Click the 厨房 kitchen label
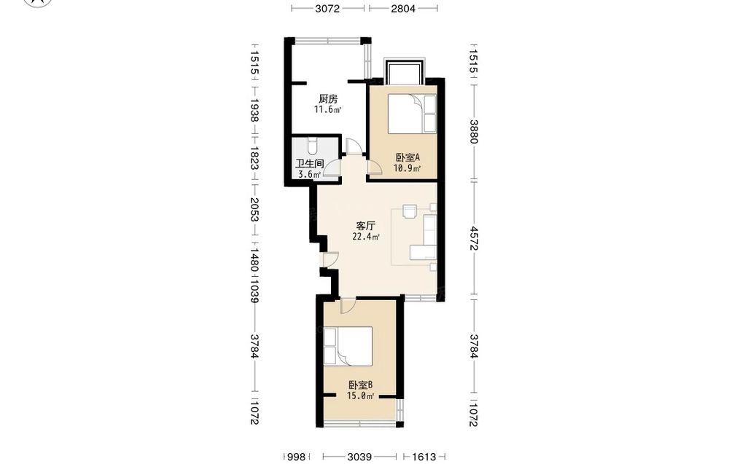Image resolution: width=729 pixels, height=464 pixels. pyautogui.click(x=328, y=99)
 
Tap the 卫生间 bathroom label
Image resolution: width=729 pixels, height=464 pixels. pyautogui.click(x=310, y=164)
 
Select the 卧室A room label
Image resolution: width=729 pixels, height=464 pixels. pyautogui.click(x=408, y=157)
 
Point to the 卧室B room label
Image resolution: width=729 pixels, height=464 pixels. pyautogui.click(x=360, y=385)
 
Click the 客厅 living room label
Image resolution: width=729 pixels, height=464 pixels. pyautogui.click(x=365, y=226)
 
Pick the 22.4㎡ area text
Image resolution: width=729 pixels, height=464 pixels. pyautogui.click(x=367, y=237)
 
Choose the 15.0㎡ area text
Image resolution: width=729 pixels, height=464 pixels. pyautogui.click(x=361, y=396)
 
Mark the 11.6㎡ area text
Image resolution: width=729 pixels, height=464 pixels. pyautogui.click(x=328, y=110)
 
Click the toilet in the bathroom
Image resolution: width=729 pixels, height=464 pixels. pyautogui.click(x=313, y=146)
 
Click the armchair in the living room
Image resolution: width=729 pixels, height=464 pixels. pyautogui.click(x=410, y=211)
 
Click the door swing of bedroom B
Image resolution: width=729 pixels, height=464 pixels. pyautogui.click(x=348, y=305)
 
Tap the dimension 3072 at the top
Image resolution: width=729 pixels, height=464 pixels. pyautogui.click(x=328, y=8)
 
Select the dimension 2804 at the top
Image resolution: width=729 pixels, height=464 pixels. pyautogui.click(x=403, y=8)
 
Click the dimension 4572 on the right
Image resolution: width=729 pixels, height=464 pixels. pyautogui.click(x=474, y=238)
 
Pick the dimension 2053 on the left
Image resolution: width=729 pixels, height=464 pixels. pyautogui.click(x=254, y=209)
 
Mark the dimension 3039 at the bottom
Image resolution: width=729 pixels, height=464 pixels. pyautogui.click(x=359, y=457)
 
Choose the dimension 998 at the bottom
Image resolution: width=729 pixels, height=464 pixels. pyautogui.click(x=296, y=457)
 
